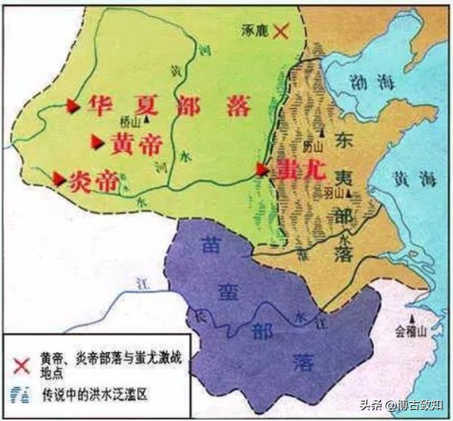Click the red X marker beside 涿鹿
(281, 31)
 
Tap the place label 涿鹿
(254, 31)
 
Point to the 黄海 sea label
(409, 179)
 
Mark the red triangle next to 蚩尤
(262, 169)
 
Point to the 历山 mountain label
(311, 145)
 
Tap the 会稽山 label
(412, 331)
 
